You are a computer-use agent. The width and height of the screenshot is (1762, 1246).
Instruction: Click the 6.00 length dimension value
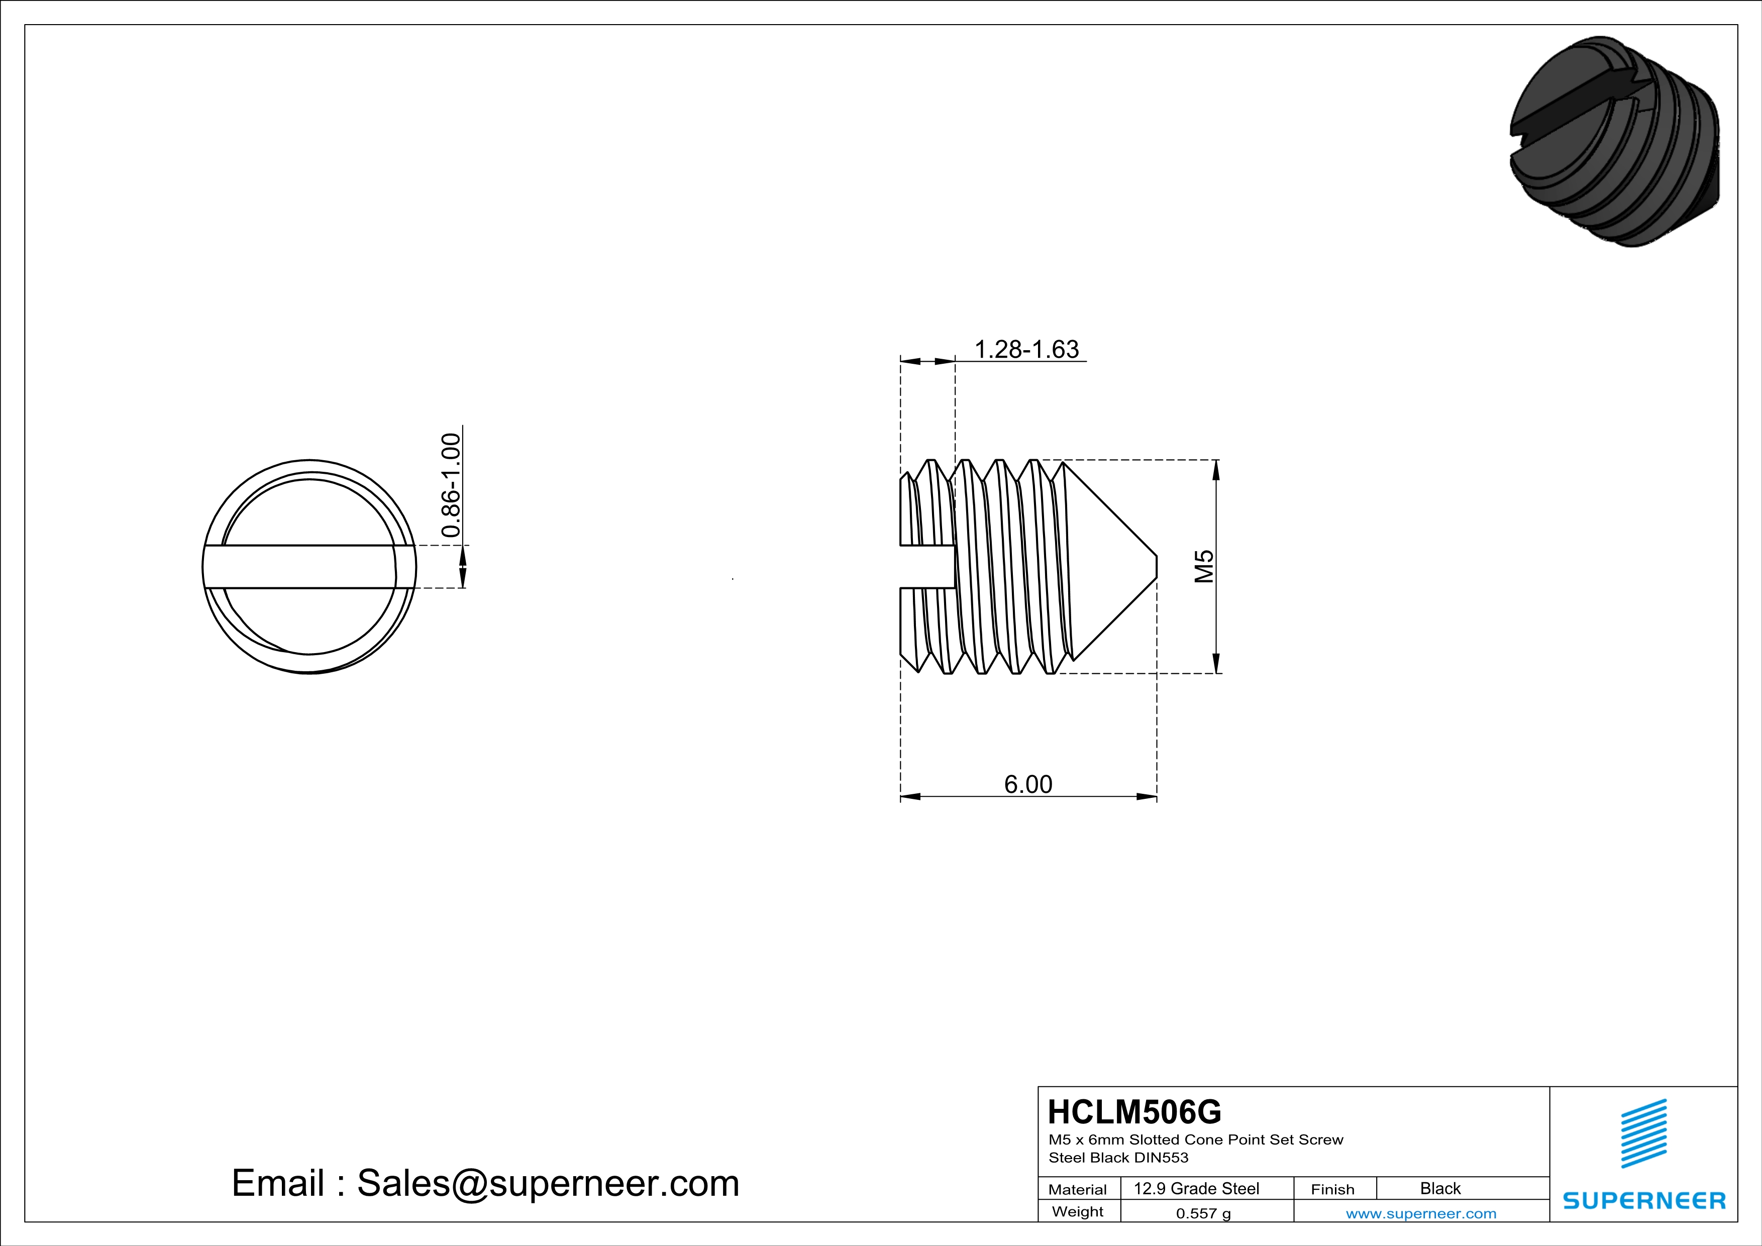point(1028,784)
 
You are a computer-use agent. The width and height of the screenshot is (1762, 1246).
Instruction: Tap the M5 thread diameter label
point(1204,566)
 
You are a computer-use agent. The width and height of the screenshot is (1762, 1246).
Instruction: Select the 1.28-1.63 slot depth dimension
point(1026,349)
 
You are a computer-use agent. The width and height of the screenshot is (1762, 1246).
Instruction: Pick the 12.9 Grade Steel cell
point(1196,1188)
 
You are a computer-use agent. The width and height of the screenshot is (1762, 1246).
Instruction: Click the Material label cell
point(1078,1189)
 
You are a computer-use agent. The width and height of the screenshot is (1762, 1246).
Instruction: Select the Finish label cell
point(1332,1189)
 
